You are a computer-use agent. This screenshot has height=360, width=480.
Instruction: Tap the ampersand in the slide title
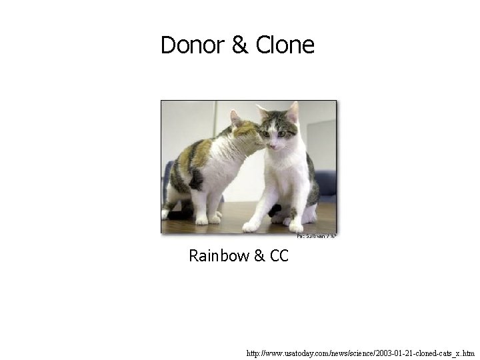pos(239,45)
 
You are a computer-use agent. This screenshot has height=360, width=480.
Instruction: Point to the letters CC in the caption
pos(279,255)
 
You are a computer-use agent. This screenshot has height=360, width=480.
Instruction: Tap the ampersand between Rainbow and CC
pos(259,255)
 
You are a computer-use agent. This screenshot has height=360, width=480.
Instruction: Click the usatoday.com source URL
pos(360,353)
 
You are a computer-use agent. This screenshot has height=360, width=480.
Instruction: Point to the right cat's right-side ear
pos(293,111)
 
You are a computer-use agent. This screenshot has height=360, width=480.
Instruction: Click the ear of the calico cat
pos(235,119)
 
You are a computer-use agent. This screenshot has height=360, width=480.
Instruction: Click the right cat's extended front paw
pos(251,227)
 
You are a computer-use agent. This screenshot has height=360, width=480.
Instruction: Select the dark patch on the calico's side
pos(196,179)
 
